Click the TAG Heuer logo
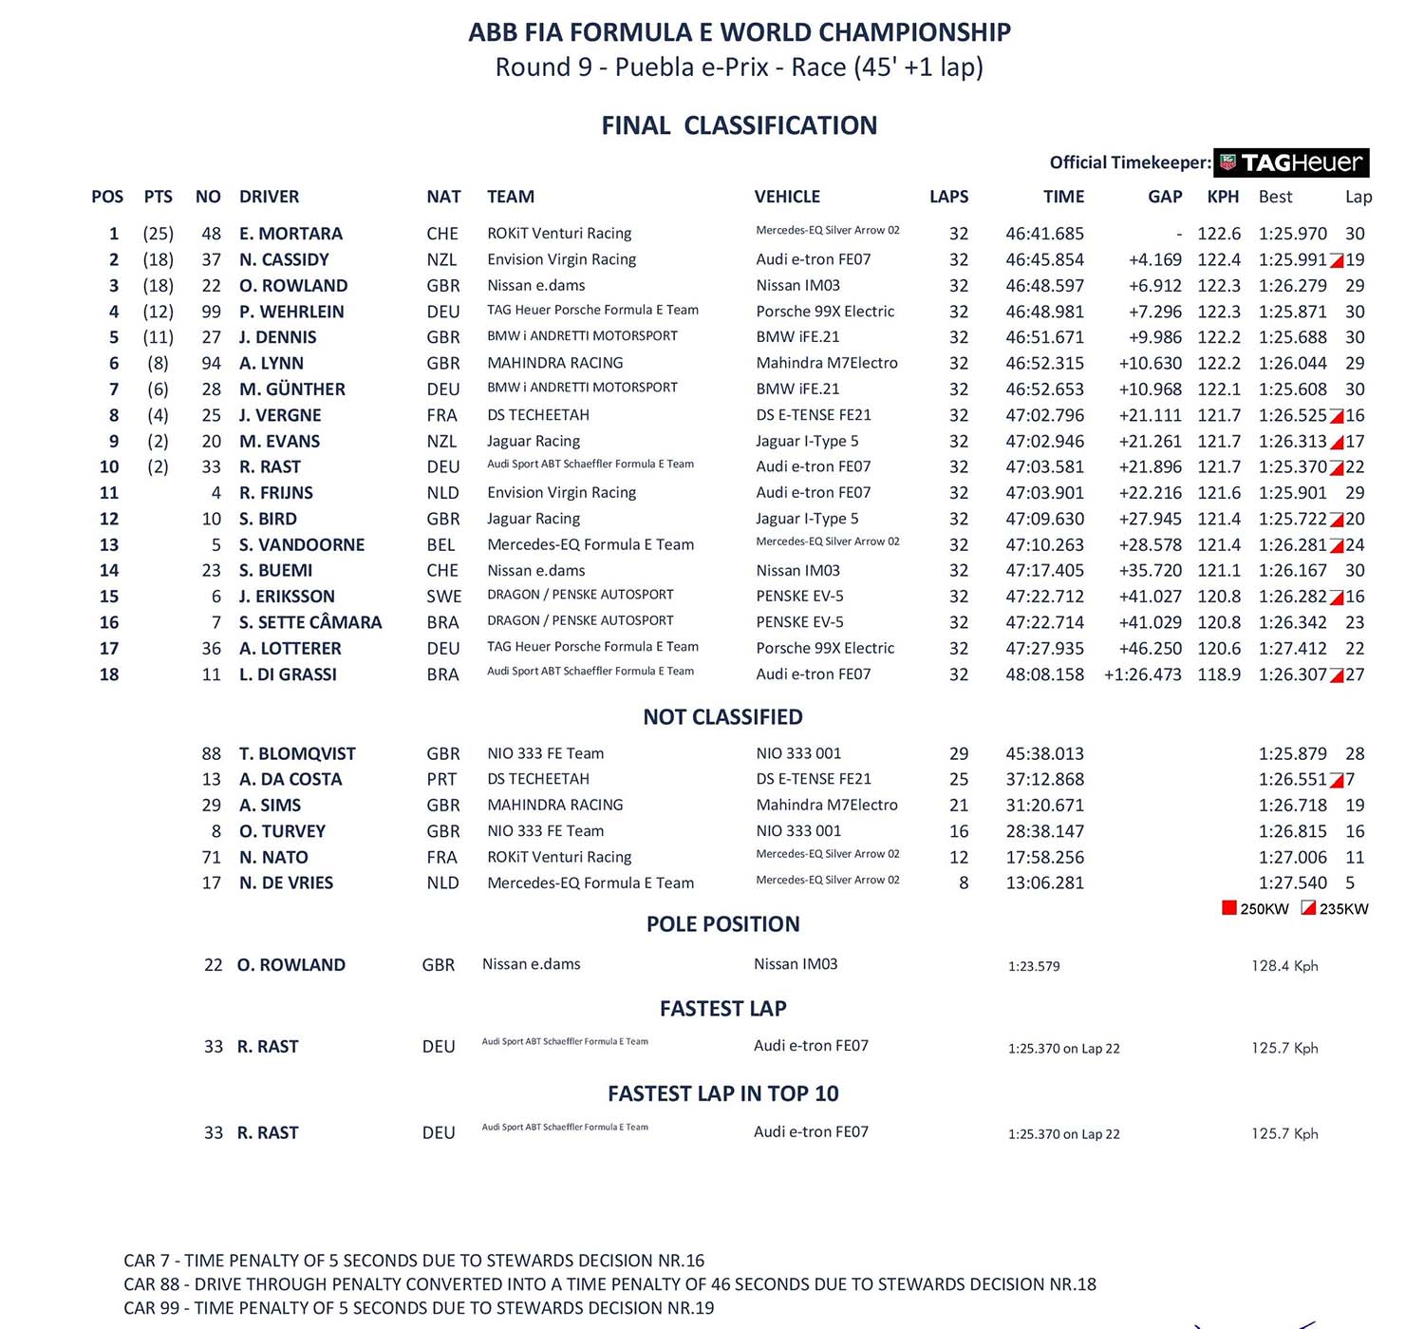1291,162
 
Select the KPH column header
1223,197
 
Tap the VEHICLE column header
787,197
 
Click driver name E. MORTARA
290,234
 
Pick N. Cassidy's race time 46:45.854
1044,259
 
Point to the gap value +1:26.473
1142,674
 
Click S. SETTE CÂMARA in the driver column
310,622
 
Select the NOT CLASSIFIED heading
722,717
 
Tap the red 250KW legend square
1229,908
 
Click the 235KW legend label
1343,909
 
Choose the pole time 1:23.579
1034,966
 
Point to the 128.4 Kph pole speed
1284,966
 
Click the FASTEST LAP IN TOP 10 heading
722,1093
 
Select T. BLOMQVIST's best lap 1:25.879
1292,753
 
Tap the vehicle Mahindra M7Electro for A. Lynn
826,363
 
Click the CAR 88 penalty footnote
609,1284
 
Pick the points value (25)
158,234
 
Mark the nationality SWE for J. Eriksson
443,597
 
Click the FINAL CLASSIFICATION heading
739,125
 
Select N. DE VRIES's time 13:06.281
1044,883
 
